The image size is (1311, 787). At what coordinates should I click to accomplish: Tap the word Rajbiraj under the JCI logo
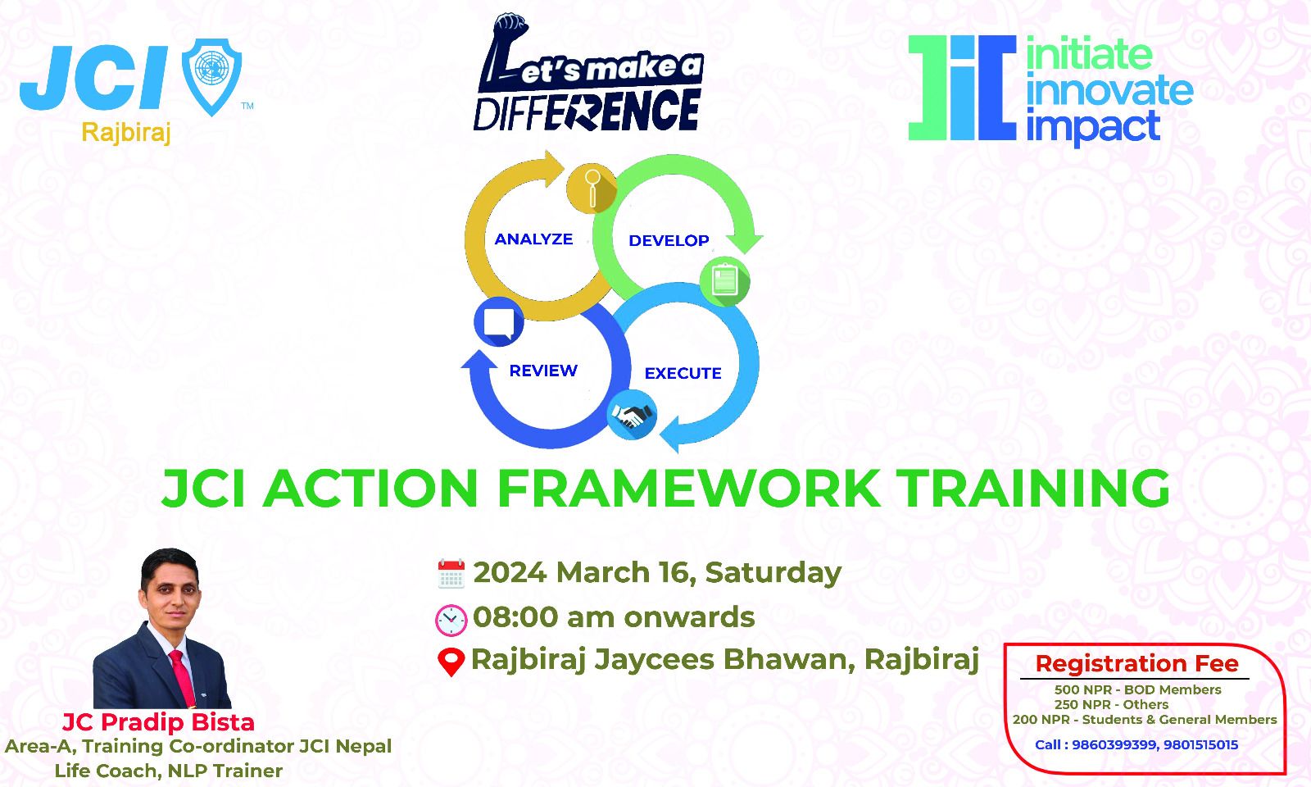tap(126, 133)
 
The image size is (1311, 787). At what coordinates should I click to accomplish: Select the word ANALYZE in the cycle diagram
tap(533, 239)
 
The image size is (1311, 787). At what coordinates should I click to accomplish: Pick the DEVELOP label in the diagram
tap(669, 241)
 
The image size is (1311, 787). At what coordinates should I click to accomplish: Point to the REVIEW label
tap(543, 371)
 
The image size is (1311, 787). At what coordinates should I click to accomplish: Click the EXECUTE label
tap(683, 374)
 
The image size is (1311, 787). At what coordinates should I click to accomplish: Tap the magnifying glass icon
tap(592, 188)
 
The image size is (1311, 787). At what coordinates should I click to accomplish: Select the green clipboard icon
tap(724, 281)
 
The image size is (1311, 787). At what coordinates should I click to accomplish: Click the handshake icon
tap(632, 415)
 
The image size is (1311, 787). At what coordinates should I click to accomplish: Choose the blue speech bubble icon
tap(499, 321)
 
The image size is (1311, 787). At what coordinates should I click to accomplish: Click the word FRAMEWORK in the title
tap(689, 489)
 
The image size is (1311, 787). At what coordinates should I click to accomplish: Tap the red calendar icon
tap(451, 574)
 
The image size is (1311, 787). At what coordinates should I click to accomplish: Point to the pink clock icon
tap(451, 620)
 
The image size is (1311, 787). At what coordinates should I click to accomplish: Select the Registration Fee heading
tap(1136, 664)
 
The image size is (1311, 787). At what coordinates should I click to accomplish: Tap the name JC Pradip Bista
tap(158, 722)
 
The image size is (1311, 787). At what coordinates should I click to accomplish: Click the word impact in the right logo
tap(1093, 126)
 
